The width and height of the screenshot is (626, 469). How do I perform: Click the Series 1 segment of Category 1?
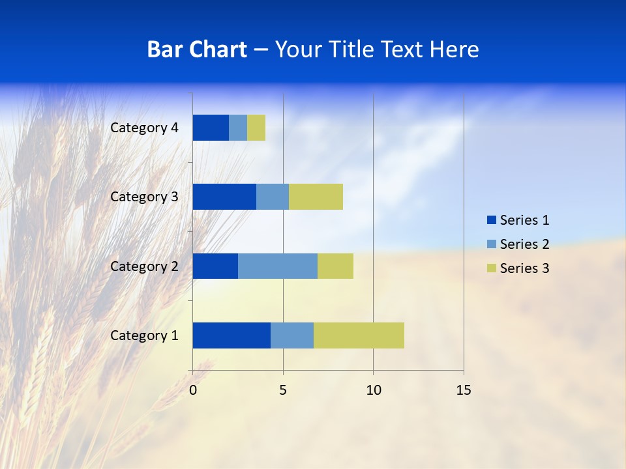point(231,335)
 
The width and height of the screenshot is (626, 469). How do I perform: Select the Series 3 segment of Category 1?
point(359,335)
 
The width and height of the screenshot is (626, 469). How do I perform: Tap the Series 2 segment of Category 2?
point(278,266)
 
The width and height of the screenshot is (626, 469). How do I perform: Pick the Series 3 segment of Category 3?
point(316,197)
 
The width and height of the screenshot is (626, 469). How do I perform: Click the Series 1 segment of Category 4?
point(211,128)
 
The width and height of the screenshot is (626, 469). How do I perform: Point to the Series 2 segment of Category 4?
point(238,128)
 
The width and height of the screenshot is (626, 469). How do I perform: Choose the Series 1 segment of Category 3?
point(224,197)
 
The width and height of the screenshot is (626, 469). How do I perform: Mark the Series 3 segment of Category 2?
point(335,266)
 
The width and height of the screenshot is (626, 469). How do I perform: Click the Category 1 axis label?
point(144,335)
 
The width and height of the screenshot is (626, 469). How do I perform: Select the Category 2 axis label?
point(144,266)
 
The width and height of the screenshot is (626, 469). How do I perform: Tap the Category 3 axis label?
point(144,197)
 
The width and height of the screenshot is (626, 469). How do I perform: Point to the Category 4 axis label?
point(144,128)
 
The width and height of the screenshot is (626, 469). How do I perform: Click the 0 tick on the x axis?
point(193,390)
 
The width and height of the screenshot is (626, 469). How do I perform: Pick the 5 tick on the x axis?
point(283,390)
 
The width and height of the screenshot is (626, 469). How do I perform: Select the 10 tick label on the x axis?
point(373,390)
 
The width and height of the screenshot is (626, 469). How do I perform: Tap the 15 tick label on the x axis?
point(463,390)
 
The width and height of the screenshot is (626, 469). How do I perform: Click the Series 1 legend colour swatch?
point(492,220)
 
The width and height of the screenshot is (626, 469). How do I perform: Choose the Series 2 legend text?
point(524,244)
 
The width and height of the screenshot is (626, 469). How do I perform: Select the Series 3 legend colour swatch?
point(492,268)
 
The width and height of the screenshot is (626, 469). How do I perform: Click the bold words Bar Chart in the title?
point(197,50)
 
